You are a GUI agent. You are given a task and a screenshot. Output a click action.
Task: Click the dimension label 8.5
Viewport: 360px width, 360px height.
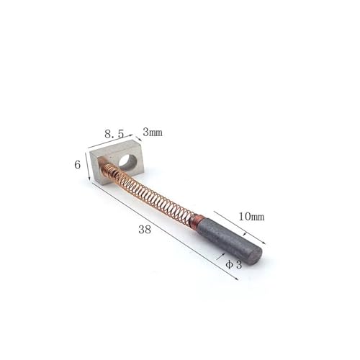pos(114,133)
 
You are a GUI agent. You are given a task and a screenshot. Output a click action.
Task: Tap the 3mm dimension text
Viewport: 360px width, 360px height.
pos(153,132)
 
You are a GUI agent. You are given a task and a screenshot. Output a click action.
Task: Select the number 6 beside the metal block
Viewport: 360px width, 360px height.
pos(78,164)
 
